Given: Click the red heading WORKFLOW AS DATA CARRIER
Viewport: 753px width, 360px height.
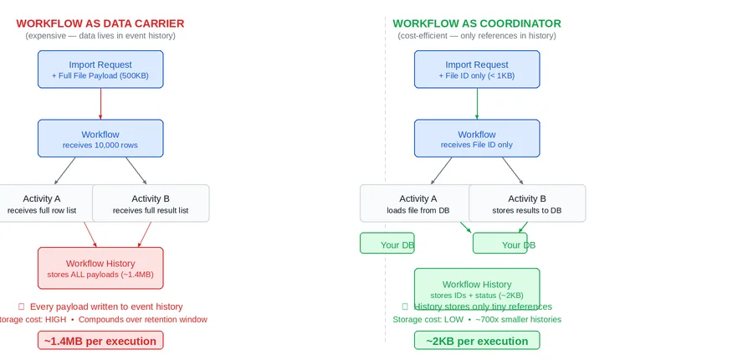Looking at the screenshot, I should tap(100, 23).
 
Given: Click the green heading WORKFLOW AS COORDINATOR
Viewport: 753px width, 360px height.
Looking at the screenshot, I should tap(477, 23).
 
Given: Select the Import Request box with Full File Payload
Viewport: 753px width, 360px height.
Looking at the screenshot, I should tap(100, 69).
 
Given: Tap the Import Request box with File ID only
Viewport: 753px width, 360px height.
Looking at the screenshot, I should tap(477, 69).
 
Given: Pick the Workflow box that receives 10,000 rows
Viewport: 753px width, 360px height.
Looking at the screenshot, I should tap(100, 138).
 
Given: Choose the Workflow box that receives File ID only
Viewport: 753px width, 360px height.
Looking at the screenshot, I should tap(477, 138).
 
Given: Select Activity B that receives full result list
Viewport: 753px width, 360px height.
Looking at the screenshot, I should tap(151, 203).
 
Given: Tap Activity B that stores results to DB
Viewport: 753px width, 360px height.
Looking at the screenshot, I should tap(527, 203).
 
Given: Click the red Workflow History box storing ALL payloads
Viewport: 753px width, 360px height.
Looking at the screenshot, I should tap(100, 268).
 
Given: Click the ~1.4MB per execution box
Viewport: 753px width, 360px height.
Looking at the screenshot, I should tap(100, 341).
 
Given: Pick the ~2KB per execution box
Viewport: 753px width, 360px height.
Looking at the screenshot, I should tap(477, 341).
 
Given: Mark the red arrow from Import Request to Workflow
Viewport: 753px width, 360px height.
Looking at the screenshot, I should tap(100, 104).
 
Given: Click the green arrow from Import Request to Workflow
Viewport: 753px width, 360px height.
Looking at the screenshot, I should tap(477, 104).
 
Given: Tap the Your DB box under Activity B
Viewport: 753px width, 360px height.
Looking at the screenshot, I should tap(500, 244).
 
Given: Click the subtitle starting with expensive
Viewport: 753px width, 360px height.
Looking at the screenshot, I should tap(100, 36).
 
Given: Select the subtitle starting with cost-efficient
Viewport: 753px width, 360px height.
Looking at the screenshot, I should tap(477, 36).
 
